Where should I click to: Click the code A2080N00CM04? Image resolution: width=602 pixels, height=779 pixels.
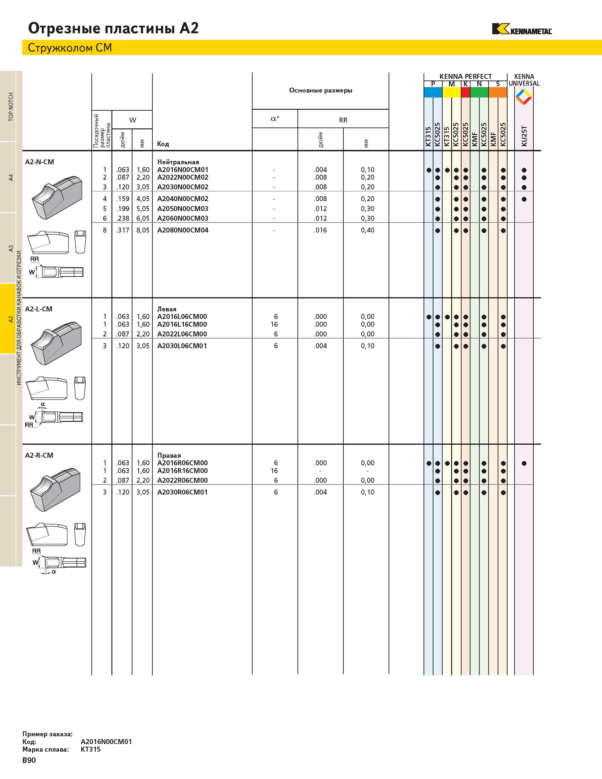[182, 230]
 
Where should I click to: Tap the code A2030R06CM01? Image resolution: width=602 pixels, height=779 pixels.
[182, 492]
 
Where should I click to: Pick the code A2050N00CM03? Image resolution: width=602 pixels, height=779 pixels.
[182, 209]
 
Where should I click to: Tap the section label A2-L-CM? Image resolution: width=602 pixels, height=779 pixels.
[38, 309]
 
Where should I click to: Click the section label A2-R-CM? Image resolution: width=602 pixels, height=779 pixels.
[39, 456]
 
